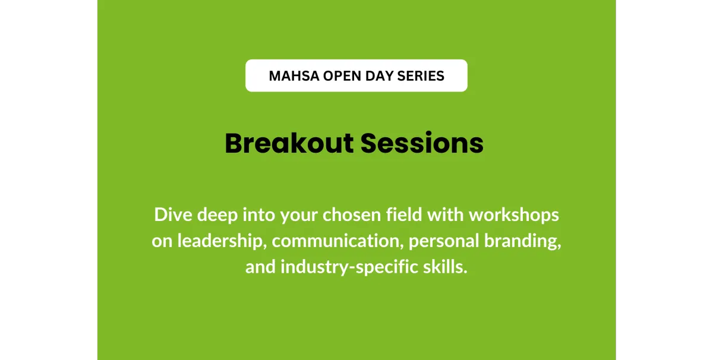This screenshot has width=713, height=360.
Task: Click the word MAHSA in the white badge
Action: click(294, 76)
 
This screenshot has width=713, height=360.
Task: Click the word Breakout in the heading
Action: click(289, 143)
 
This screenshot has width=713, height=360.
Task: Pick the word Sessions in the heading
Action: click(422, 143)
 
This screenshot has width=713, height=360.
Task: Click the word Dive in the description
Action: click(173, 215)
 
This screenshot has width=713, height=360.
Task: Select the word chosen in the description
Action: click(352, 215)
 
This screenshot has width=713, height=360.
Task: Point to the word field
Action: click(404, 215)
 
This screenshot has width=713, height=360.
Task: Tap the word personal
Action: click(444, 242)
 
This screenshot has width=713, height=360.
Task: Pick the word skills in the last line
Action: click(445, 267)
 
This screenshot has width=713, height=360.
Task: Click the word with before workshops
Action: click(445, 215)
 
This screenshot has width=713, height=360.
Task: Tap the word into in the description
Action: click(259, 215)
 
